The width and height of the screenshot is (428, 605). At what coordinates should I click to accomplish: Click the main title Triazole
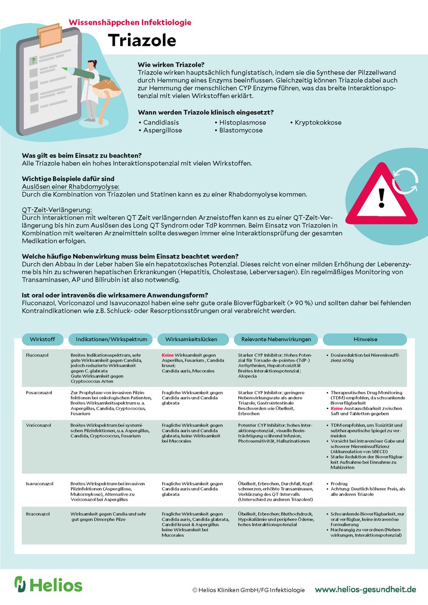[x=142, y=41]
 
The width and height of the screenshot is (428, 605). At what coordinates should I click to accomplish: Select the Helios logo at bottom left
[x=48, y=584]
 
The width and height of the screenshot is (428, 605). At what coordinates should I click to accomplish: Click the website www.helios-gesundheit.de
[x=365, y=589]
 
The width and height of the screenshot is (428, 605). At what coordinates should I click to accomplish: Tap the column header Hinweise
[x=364, y=339]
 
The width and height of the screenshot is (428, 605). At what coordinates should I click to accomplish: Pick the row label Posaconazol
[x=39, y=393]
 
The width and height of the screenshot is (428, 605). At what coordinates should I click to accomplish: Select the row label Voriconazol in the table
[x=39, y=425]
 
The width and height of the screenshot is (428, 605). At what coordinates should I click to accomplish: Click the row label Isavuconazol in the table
[x=40, y=484]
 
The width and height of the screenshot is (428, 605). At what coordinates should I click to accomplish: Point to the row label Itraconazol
[x=38, y=514]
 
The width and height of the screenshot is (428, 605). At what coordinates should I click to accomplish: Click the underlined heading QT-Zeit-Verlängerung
[x=57, y=209]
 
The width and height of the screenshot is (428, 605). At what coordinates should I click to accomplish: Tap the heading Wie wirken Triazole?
[x=171, y=65]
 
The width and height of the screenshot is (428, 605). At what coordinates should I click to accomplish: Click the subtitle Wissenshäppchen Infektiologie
[x=130, y=22]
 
